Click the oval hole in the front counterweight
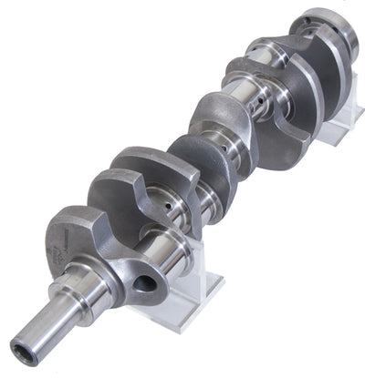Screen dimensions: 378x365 tap(142, 283)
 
